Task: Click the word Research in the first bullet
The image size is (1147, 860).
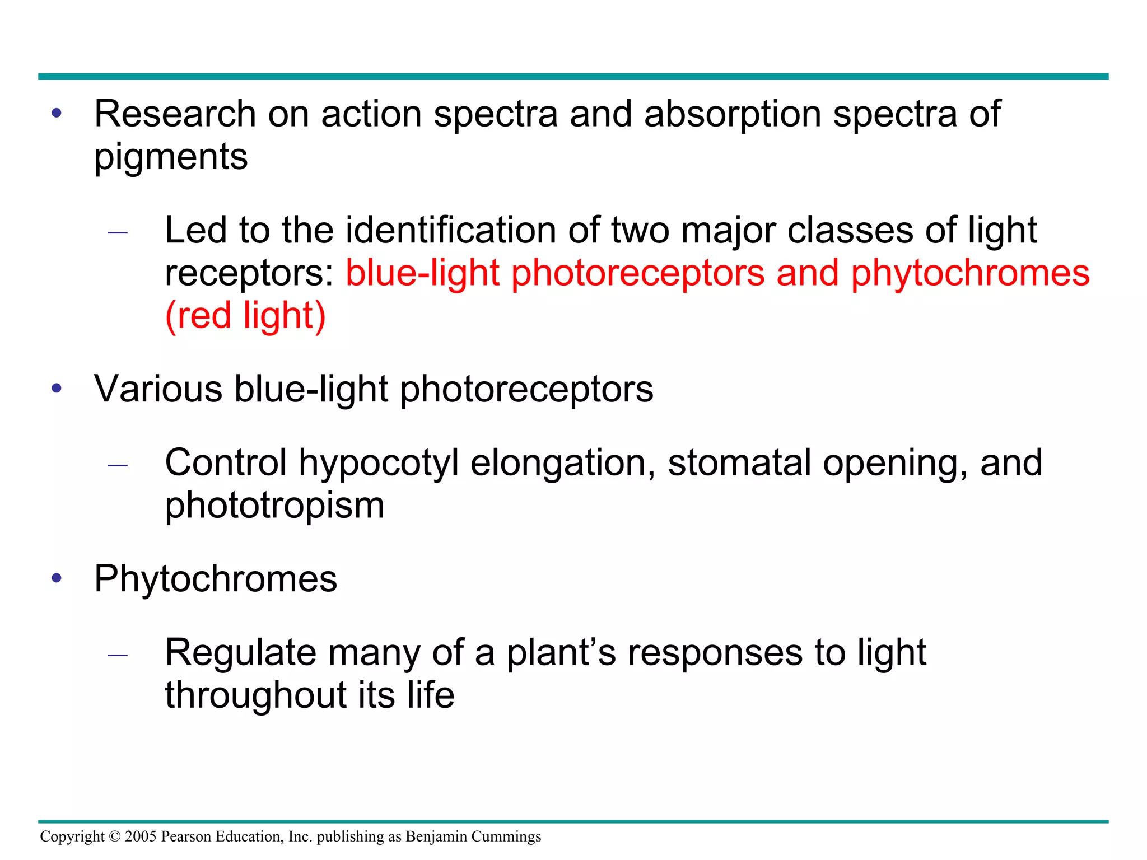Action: point(175,114)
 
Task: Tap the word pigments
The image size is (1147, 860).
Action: point(171,157)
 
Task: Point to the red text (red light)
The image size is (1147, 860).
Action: point(245,316)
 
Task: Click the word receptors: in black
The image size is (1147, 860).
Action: point(249,274)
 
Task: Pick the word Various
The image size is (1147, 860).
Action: point(158,389)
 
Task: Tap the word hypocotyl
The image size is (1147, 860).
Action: point(378,464)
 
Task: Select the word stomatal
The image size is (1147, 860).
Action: point(739,463)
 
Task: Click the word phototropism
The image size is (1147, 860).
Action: point(274,506)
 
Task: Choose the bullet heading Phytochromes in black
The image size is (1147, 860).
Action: point(216,579)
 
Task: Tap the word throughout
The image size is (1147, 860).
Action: point(255,695)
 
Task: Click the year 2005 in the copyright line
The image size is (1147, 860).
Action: point(141,836)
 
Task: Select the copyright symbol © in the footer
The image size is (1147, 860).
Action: point(115,836)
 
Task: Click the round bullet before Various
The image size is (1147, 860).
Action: point(57,388)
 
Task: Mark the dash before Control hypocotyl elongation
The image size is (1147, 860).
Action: point(118,465)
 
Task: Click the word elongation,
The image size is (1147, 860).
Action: point(563,463)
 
